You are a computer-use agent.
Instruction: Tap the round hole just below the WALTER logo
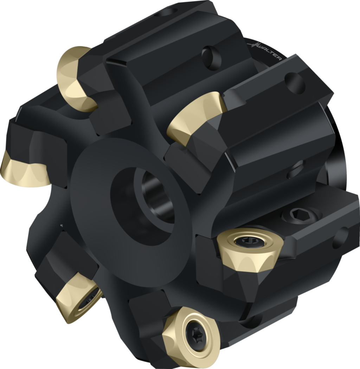point(295,83)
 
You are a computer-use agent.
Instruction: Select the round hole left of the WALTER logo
point(212,57)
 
